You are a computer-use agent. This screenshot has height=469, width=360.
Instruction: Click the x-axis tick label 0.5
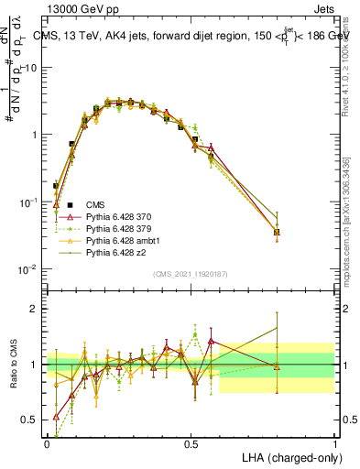pos(191,442)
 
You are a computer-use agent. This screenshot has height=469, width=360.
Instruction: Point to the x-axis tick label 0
pos(47,442)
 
